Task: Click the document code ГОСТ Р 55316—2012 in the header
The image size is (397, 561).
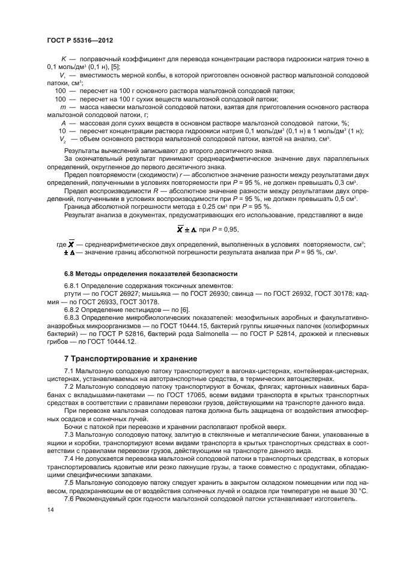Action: coord(80,40)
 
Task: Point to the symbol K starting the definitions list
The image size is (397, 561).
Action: coord(64,58)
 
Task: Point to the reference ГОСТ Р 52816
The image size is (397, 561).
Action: coord(133,334)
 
